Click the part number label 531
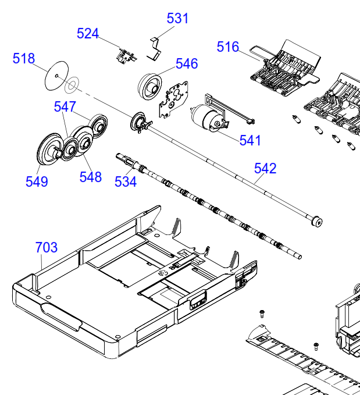coord(177,19)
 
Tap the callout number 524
coord(88,34)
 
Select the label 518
coord(24,58)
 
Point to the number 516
coord(228,47)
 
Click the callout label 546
coord(187,63)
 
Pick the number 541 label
coord(250,140)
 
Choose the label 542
coord(265,168)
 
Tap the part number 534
coord(126,182)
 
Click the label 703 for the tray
coord(47,247)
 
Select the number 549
coord(37,182)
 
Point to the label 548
coord(91,177)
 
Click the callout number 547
coord(65,107)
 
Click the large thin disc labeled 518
coord(56,75)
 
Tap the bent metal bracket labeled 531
coord(154,49)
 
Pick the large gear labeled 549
coord(50,149)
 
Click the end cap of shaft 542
coord(317,222)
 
